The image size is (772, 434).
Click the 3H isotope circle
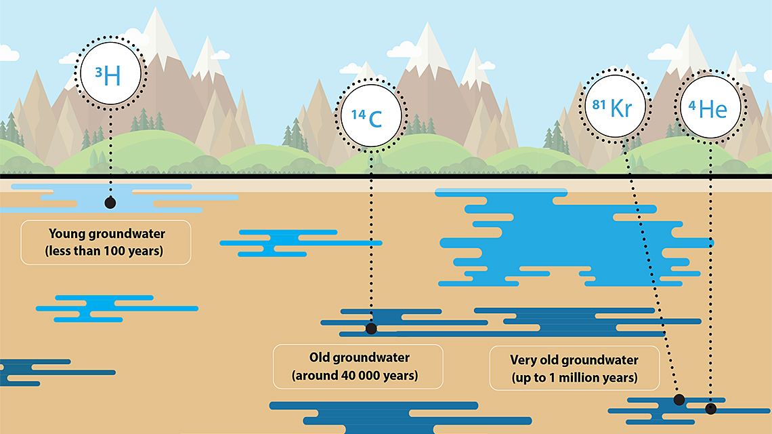[x=110, y=73]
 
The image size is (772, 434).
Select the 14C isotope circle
[x=370, y=115]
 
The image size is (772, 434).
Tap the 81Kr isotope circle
[x=615, y=106]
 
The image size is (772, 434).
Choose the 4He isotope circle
[x=710, y=107]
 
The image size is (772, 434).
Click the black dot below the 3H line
[x=110, y=203]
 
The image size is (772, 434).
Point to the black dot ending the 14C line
[x=371, y=328]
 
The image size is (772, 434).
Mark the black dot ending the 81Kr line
[x=679, y=400]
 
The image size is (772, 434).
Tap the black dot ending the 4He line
[x=710, y=409]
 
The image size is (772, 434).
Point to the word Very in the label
[x=523, y=360]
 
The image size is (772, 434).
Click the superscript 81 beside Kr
[x=599, y=104]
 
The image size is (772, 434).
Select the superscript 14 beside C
[x=358, y=115]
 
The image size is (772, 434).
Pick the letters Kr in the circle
[x=622, y=108]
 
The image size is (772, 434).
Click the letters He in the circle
[x=713, y=109]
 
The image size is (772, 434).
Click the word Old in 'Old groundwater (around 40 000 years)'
[x=319, y=357]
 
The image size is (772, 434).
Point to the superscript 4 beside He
[x=691, y=106]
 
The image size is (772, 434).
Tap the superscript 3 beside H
[x=98, y=73]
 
